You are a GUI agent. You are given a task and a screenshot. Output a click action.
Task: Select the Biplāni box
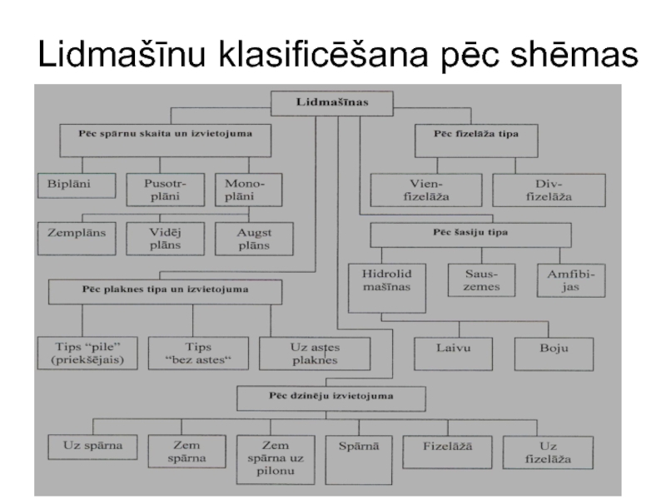click(73, 184)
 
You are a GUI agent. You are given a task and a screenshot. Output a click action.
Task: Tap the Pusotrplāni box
click(159, 188)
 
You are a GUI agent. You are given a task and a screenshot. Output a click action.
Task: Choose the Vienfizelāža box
click(425, 190)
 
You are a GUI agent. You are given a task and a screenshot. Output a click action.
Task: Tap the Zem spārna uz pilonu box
click(274, 458)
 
